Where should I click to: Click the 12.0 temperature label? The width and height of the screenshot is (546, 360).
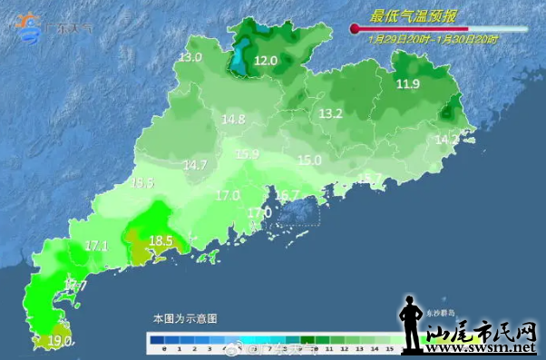[266, 61]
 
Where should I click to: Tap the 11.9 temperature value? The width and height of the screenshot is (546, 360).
[408, 84]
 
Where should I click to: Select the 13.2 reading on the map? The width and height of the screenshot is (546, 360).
[330, 113]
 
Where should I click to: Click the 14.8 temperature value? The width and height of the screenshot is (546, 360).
[234, 119]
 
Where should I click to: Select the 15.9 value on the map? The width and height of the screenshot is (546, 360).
[248, 153]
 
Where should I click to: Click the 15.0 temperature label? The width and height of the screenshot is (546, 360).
[310, 160]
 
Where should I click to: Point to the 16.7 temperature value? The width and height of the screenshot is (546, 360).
[288, 195]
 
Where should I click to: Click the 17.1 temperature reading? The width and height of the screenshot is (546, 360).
[96, 245]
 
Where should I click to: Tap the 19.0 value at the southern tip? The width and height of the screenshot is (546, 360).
[60, 341]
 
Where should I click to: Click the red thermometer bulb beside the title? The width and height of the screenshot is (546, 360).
[355, 30]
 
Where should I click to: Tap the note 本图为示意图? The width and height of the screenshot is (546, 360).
[185, 318]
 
